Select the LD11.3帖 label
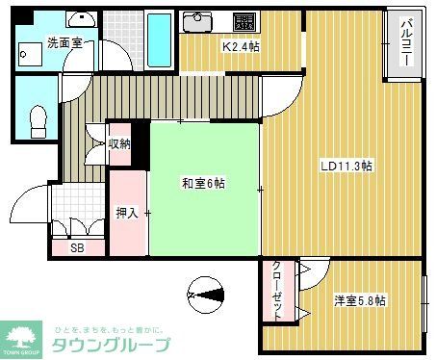click(346, 166)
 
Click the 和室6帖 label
click(204, 183)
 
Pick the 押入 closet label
click(127, 214)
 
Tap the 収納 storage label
click(119, 143)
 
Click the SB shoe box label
click(76, 247)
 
